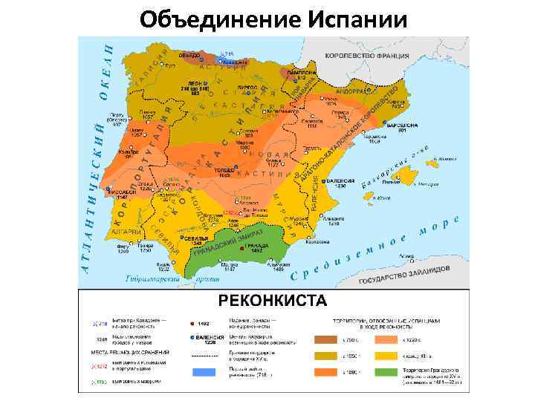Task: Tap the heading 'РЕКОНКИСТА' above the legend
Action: click(271, 300)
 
